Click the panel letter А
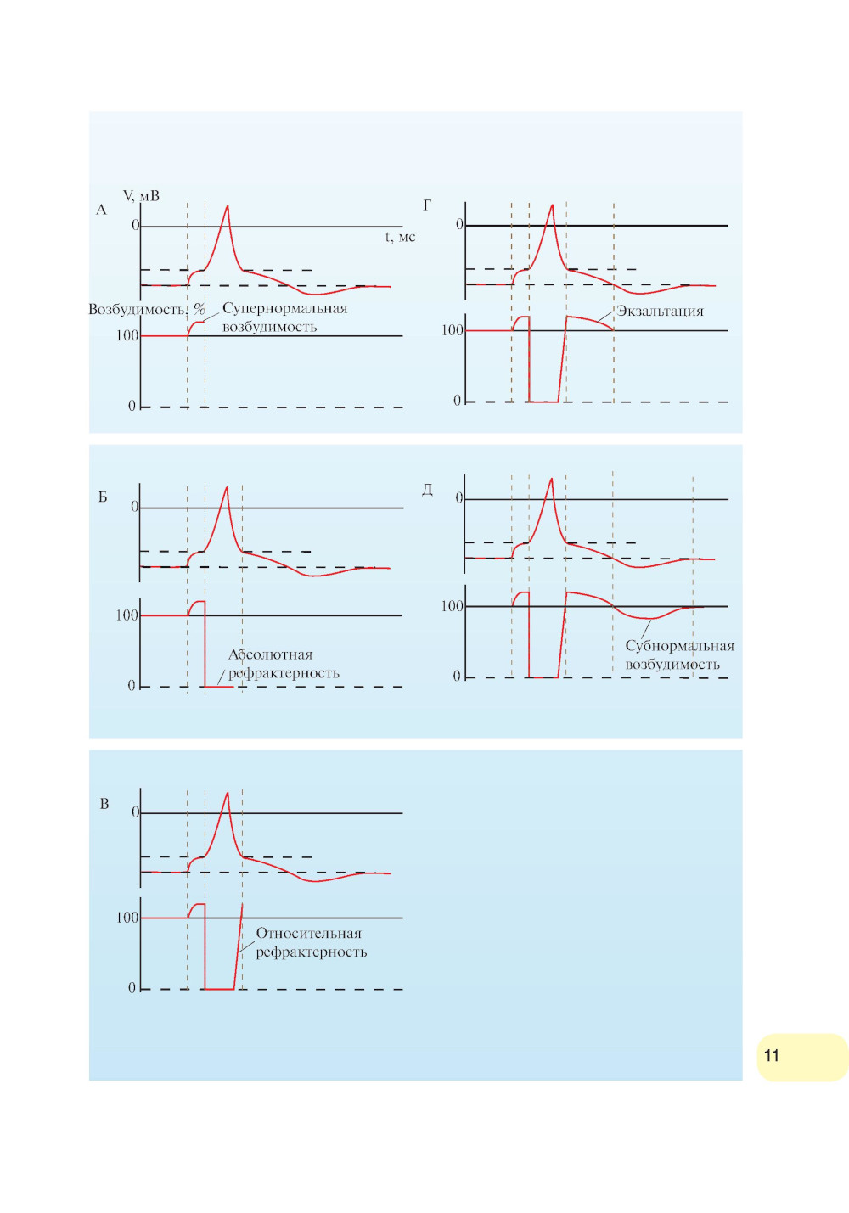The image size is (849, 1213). coord(101,210)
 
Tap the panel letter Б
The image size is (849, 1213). coord(103,497)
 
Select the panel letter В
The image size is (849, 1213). coord(104,803)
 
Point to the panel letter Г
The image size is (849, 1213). coord(427,205)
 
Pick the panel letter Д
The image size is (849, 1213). coord(427,490)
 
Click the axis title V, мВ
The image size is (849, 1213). coord(141,196)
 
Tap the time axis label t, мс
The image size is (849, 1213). coord(400,237)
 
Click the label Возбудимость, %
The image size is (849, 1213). coord(147,309)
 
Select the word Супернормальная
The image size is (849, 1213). coord(284,308)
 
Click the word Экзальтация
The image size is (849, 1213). coord(660,311)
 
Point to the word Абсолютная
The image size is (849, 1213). coord(270,654)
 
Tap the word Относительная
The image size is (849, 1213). coord(308,933)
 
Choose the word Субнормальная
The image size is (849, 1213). coord(679,646)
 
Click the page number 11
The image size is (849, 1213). coord(771,1055)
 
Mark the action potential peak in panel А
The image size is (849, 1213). coord(227,206)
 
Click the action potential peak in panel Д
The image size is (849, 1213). coord(551,480)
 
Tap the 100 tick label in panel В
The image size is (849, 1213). coord(127,918)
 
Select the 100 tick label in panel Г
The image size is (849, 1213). coord(452,330)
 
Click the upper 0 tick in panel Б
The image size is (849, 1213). coord(134,507)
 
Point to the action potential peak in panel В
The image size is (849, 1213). coord(227,794)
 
